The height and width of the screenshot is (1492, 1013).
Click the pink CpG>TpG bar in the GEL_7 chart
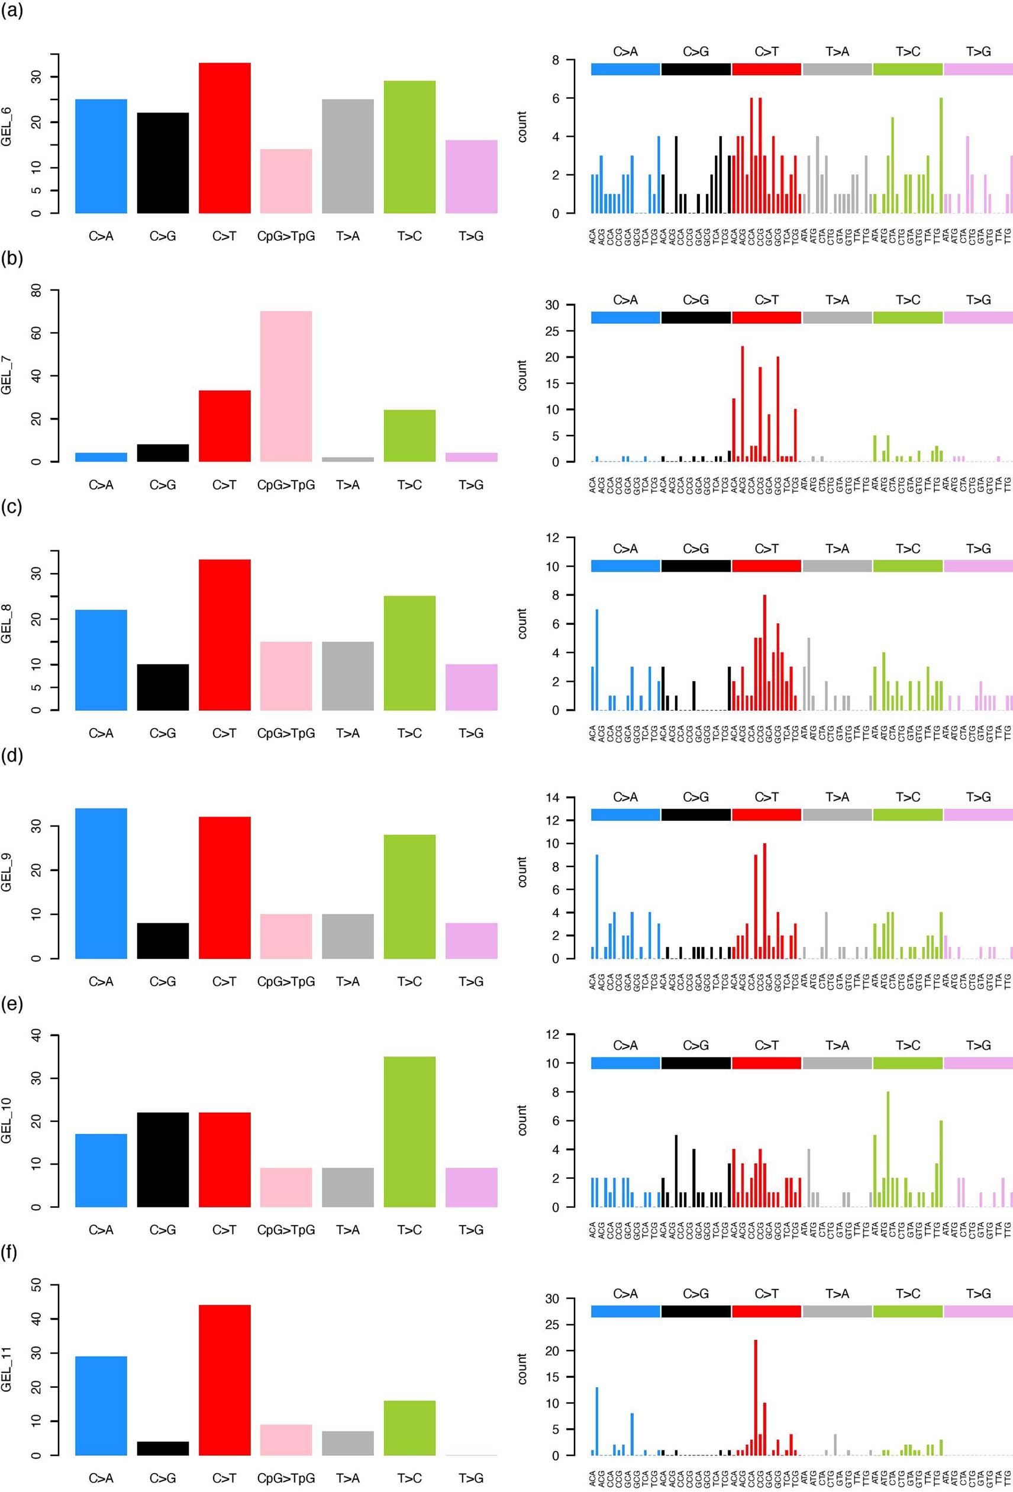(286, 386)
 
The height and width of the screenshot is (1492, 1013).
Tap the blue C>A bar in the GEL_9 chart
(101, 884)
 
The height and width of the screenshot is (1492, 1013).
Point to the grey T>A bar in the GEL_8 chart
(347, 675)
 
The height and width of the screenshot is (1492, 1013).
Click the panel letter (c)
(12, 507)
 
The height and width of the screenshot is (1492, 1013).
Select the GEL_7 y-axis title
(7, 376)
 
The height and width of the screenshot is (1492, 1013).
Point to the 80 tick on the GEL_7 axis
(37, 290)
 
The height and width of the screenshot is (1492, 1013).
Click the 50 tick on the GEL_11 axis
(37, 1285)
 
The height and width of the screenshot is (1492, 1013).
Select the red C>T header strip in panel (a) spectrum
(766, 69)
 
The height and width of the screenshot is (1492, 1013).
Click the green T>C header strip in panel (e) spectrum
(908, 1063)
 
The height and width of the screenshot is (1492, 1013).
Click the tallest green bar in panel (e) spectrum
(888, 1149)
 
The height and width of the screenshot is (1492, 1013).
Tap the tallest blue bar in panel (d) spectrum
(597, 907)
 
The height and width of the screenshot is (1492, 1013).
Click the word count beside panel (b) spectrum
(522, 376)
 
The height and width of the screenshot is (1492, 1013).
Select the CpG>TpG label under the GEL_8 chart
(286, 733)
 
